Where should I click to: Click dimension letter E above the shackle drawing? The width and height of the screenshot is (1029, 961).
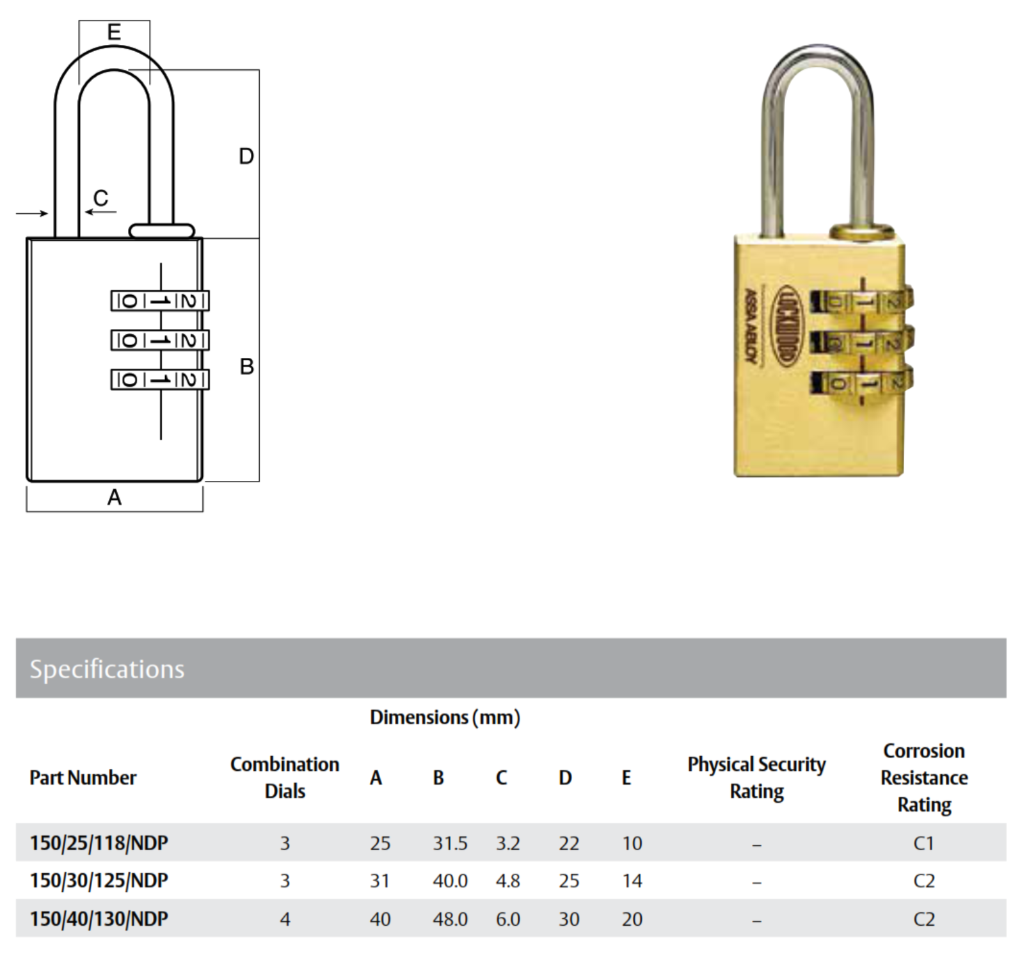[114, 31]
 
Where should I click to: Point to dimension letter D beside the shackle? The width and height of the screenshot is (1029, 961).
[246, 156]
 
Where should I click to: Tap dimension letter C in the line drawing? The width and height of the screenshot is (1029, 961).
[100, 198]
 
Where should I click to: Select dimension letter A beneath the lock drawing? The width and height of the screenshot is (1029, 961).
[115, 497]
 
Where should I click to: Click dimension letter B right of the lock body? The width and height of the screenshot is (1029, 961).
[246, 366]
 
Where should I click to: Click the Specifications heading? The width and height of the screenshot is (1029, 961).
[107, 669]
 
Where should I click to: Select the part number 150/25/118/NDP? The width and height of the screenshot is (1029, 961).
[99, 843]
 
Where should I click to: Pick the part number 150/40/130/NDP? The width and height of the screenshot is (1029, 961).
[99, 919]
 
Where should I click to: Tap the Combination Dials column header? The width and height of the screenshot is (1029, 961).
[285, 777]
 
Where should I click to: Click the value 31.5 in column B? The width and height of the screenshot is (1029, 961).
[450, 843]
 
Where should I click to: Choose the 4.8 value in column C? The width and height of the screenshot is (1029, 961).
[507, 881]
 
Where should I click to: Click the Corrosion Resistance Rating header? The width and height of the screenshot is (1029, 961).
[924, 777]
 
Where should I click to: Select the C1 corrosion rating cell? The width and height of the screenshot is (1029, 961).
[924, 843]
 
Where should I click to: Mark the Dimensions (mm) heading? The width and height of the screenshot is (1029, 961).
[445, 717]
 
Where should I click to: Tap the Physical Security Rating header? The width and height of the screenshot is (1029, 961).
[756, 777]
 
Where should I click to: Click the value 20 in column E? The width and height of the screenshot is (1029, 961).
[632, 919]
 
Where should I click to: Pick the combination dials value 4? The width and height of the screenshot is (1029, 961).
[285, 919]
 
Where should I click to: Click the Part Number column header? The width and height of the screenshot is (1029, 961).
[83, 777]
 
